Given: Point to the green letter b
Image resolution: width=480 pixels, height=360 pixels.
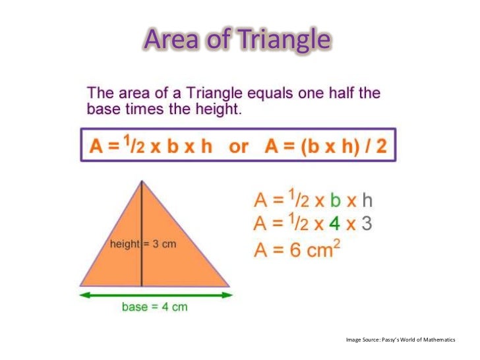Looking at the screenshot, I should coord(336,200).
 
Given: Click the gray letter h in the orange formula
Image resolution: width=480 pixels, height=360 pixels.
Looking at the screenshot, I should coord(367,200).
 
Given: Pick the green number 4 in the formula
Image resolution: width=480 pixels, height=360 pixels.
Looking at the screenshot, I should coord(335,224).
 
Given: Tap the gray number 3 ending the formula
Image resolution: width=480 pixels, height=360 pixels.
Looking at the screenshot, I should coord(367,224).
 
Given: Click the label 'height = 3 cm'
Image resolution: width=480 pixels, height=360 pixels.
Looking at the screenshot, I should coord(143,244).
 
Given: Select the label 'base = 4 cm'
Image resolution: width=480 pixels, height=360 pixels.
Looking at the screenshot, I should coord(155,307).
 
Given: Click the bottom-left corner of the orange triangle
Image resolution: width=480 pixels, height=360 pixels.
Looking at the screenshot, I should coord(81,285).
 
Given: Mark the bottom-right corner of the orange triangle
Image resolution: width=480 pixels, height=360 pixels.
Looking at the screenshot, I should coord(229,285).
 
